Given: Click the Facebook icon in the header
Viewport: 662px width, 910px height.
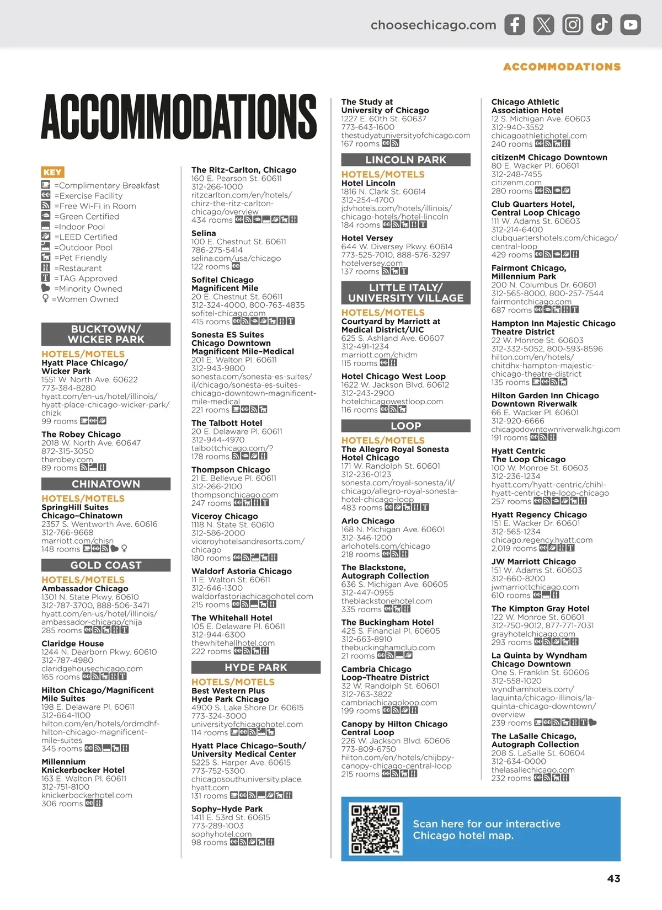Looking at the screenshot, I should coord(514,25).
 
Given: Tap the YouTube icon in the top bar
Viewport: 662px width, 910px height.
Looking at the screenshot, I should coord(630,25).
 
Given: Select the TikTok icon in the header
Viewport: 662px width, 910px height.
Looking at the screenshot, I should coord(601,25).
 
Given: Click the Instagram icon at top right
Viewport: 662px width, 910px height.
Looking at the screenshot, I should coord(573,25).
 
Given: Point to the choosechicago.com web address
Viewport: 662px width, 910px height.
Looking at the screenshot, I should coord(433,25).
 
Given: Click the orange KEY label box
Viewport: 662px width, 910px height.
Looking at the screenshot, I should coord(52,172).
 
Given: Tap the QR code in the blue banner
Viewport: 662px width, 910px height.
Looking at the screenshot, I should coord(375,829).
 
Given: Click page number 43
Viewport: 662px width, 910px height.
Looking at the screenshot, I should coord(613,879).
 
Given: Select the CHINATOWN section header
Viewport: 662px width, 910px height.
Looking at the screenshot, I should coord(106,484).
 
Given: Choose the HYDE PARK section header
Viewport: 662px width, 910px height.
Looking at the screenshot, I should coord(256,667).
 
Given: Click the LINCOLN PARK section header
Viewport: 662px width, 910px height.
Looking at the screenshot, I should coord(405,160).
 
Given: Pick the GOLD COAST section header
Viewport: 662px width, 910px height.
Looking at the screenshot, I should coord(106,565).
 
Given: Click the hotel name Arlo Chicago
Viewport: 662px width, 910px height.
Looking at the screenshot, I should coord(368,521).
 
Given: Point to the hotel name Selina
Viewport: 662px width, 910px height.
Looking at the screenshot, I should coord(204,233).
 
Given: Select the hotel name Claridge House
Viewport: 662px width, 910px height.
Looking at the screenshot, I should coord(72,644).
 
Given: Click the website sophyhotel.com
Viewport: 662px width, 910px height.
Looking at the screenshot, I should coord(221,834).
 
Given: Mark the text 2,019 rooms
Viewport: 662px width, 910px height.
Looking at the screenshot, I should coord(514,549).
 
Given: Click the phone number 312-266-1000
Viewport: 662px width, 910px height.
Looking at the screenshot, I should coord(217,187).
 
